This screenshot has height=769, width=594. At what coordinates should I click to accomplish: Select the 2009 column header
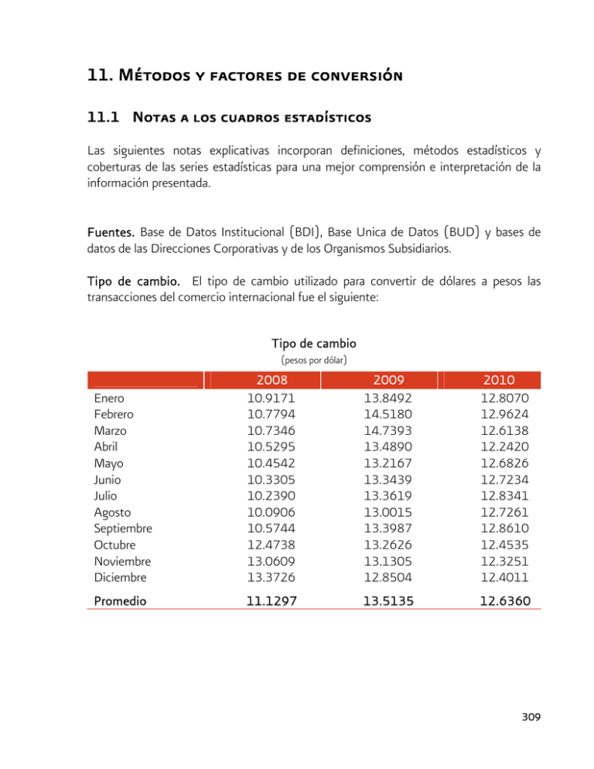click(x=378, y=381)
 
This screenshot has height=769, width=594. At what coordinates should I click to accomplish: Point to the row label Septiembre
click(x=122, y=528)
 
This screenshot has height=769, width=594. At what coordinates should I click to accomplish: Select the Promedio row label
click(x=118, y=599)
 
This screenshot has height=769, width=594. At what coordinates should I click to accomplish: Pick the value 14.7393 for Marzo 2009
click(x=378, y=430)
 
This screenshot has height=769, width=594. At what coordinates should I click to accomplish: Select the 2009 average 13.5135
click(x=378, y=599)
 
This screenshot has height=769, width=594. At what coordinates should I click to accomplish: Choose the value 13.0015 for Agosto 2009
click(x=378, y=512)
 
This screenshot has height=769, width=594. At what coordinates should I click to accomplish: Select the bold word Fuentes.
click(x=109, y=231)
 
